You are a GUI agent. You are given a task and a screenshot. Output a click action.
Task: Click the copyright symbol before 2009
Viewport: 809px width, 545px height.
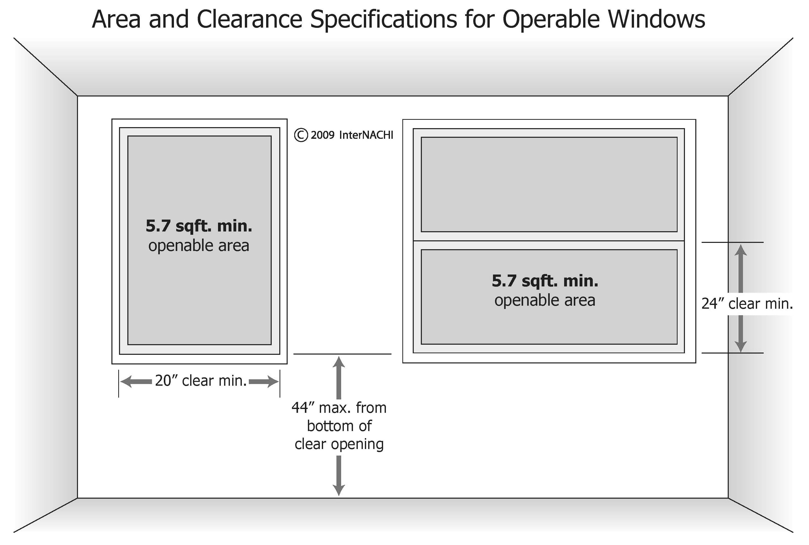(x=301, y=135)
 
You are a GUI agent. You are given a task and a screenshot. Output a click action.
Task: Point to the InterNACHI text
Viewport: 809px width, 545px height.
(x=366, y=135)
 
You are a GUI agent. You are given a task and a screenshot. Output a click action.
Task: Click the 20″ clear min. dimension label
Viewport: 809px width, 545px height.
(x=201, y=381)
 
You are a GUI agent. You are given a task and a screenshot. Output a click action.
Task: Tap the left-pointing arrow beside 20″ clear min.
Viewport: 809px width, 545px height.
(x=135, y=382)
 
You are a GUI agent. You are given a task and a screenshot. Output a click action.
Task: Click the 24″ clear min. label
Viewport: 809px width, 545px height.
(x=747, y=304)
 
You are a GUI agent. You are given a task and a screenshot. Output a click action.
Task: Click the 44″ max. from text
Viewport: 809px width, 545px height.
(x=339, y=408)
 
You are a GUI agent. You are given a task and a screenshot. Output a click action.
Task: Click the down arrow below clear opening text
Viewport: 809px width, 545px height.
(x=339, y=476)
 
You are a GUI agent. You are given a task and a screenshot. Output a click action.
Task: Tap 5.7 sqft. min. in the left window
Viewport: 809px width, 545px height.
(x=199, y=226)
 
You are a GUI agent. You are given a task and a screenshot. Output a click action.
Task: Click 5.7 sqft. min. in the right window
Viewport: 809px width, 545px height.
(x=545, y=281)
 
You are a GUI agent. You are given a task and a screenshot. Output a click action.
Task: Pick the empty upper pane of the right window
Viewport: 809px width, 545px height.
(x=549, y=184)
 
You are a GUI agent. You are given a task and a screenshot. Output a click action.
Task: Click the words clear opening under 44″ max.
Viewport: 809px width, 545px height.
(x=339, y=444)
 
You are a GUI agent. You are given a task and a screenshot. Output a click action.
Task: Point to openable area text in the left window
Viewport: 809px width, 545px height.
(x=199, y=246)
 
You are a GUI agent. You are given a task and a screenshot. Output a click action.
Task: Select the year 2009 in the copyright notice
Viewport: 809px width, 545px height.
(x=323, y=135)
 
